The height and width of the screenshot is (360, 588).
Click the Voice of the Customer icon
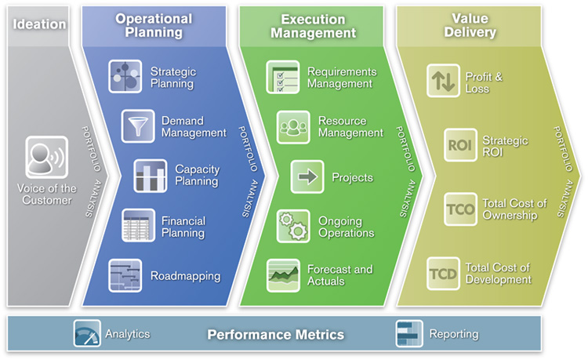tap(47, 157)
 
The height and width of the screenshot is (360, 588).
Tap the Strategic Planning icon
tap(125, 77)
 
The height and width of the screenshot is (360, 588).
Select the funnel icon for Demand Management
tap(138, 126)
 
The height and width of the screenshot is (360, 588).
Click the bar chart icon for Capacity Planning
tap(151, 176)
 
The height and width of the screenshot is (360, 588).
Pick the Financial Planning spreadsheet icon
tap(138, 225)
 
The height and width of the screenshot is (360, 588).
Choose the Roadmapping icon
tap(125, 275)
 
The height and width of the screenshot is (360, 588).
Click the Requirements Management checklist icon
tap(283, 77)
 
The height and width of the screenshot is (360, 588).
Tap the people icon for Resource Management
tap(293, 127)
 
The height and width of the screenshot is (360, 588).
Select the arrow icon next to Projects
tap(307, 176)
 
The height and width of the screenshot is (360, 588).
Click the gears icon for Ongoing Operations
tap(293, 226)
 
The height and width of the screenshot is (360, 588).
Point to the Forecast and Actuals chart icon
tap(283, 275)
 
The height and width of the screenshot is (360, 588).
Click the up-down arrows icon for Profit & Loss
tap(443, 81)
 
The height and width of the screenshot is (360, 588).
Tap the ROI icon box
tap(460, 145)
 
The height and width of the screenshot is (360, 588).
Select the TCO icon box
tap(460, 209)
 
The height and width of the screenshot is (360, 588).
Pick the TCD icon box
tap(443, 274)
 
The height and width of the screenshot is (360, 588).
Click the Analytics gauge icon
tap(87, 333)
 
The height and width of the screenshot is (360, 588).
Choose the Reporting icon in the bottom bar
tap(409, 333)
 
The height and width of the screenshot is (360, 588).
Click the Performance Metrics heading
tap(276, 334)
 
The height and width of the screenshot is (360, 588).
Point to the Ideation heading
tap(39, 24)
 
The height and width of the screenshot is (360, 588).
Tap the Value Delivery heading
tap(470, 25)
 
